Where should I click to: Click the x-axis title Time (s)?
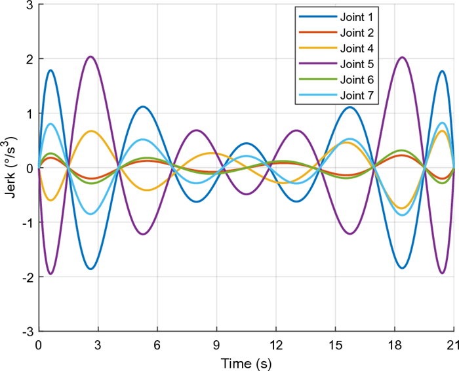[x=246, y=362]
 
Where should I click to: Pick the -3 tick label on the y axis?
[x=28, y=331]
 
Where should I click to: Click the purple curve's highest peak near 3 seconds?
[x=90, y=56]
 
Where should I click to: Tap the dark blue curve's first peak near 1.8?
[x=50, y=70]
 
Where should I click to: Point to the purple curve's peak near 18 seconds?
[x=402, y=57]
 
